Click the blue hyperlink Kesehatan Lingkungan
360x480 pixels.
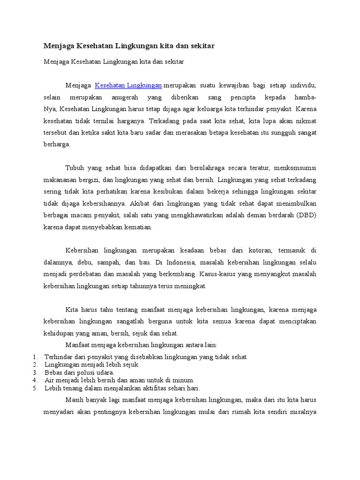click(x=128, y=85)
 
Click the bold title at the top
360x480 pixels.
click(x=129, y=46)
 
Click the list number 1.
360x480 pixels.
click(x=35, y=357)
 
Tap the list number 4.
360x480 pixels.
click(x=35, y=380)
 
